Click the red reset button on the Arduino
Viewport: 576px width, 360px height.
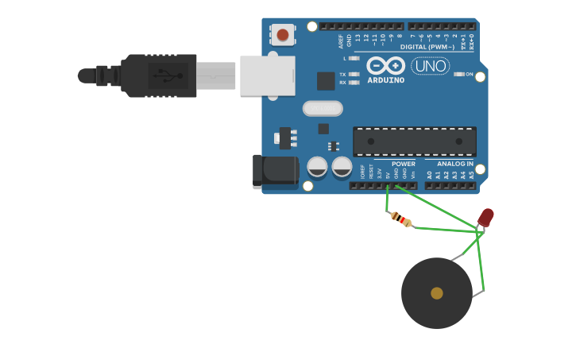[282, 34]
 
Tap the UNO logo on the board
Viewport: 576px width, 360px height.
[431, 66]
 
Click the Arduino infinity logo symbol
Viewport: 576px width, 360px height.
[385, 66]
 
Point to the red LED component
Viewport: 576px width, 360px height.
[485, 217]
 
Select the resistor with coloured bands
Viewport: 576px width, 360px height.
[402, 219]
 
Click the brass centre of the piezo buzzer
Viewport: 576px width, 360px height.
[436, 293]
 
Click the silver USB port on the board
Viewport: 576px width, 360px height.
[267, 75]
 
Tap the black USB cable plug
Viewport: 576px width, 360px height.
[159, 75]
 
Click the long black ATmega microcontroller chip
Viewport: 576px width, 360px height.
[414, 141]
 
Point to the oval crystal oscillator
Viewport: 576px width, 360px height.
[323, 108]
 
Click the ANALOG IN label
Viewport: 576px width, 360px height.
[454, 163]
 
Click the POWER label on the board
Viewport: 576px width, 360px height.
[403, 163]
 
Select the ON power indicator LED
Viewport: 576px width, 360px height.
[459, 74]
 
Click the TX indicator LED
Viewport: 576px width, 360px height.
[354, 74]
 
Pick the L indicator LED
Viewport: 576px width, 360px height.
[354, 58]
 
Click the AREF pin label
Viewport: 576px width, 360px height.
[341, 40]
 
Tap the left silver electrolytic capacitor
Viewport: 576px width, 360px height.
[317, 166]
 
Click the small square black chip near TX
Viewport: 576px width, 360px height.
[326, 80]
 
